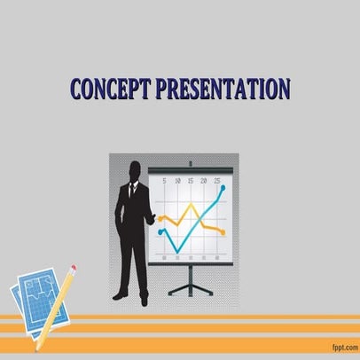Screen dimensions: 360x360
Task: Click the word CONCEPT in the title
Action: (110, 90)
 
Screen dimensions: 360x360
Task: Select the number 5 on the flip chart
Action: (164, 181)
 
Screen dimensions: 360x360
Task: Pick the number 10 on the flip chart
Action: (177, 181)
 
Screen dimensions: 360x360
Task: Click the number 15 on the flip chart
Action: (192, 181)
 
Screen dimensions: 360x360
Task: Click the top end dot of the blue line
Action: (223, 188)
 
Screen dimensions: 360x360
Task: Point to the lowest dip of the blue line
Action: (178, 251)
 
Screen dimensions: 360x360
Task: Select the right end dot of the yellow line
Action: (223, 232)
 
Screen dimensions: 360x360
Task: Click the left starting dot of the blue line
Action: (160, 232)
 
